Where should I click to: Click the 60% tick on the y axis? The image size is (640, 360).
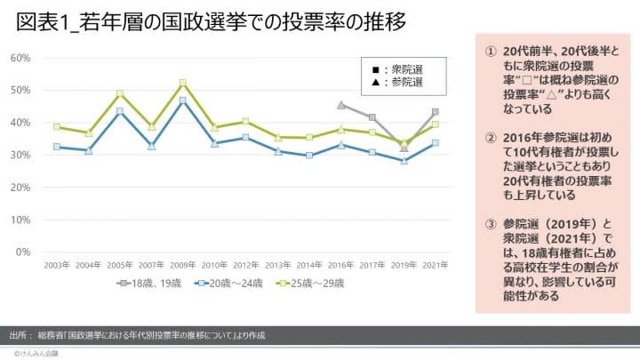21,58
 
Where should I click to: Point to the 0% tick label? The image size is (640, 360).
24,252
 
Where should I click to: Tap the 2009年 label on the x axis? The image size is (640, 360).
182,265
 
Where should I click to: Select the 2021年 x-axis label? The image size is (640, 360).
435,265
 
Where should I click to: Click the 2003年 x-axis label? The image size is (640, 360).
56,265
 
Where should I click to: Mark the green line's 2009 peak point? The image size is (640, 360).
182,83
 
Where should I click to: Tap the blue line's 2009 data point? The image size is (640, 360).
182,100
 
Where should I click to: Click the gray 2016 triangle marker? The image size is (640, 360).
340,105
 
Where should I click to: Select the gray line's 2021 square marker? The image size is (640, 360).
435,112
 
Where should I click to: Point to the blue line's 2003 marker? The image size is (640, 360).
56,147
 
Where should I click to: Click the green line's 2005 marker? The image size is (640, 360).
119,93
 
